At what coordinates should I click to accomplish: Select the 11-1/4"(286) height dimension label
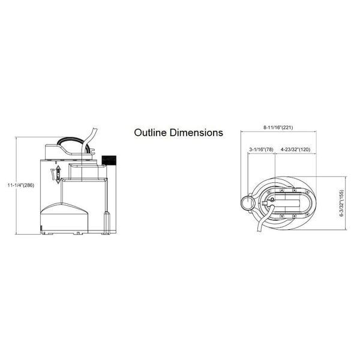tap(21, 185)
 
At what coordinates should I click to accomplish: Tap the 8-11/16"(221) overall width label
tap(278, 127)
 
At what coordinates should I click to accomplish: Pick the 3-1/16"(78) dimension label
tap(261, 149)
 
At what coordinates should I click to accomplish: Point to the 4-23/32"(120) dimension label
tap(295, 149)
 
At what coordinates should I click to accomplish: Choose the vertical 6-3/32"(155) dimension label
tap(342, 203)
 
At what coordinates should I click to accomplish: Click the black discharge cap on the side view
tap(109, 160)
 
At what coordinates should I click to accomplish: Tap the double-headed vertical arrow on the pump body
tap(58, 174)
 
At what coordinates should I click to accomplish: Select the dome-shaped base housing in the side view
tap(64, 217)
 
